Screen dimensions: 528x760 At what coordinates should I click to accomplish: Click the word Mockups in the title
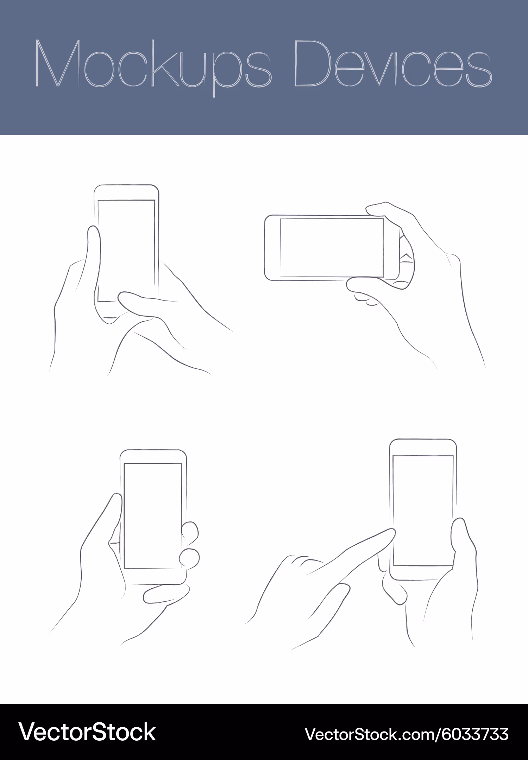point(153,67)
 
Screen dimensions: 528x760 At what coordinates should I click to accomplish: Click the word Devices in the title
point(393,63)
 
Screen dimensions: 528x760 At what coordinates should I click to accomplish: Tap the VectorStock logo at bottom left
point(87,732)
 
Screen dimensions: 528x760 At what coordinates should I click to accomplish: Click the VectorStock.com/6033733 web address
point(407,734)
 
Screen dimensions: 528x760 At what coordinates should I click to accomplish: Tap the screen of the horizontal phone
point(332,248)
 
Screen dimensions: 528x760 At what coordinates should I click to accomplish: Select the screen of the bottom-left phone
point(153,516)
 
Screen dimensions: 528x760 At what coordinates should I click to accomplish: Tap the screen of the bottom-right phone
point(423,511)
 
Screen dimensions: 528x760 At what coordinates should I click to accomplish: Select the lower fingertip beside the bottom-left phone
point(189,559)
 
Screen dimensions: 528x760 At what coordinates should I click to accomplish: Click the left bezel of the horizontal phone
point(272,248)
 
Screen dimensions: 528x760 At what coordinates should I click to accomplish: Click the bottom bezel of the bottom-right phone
point(423,573)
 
